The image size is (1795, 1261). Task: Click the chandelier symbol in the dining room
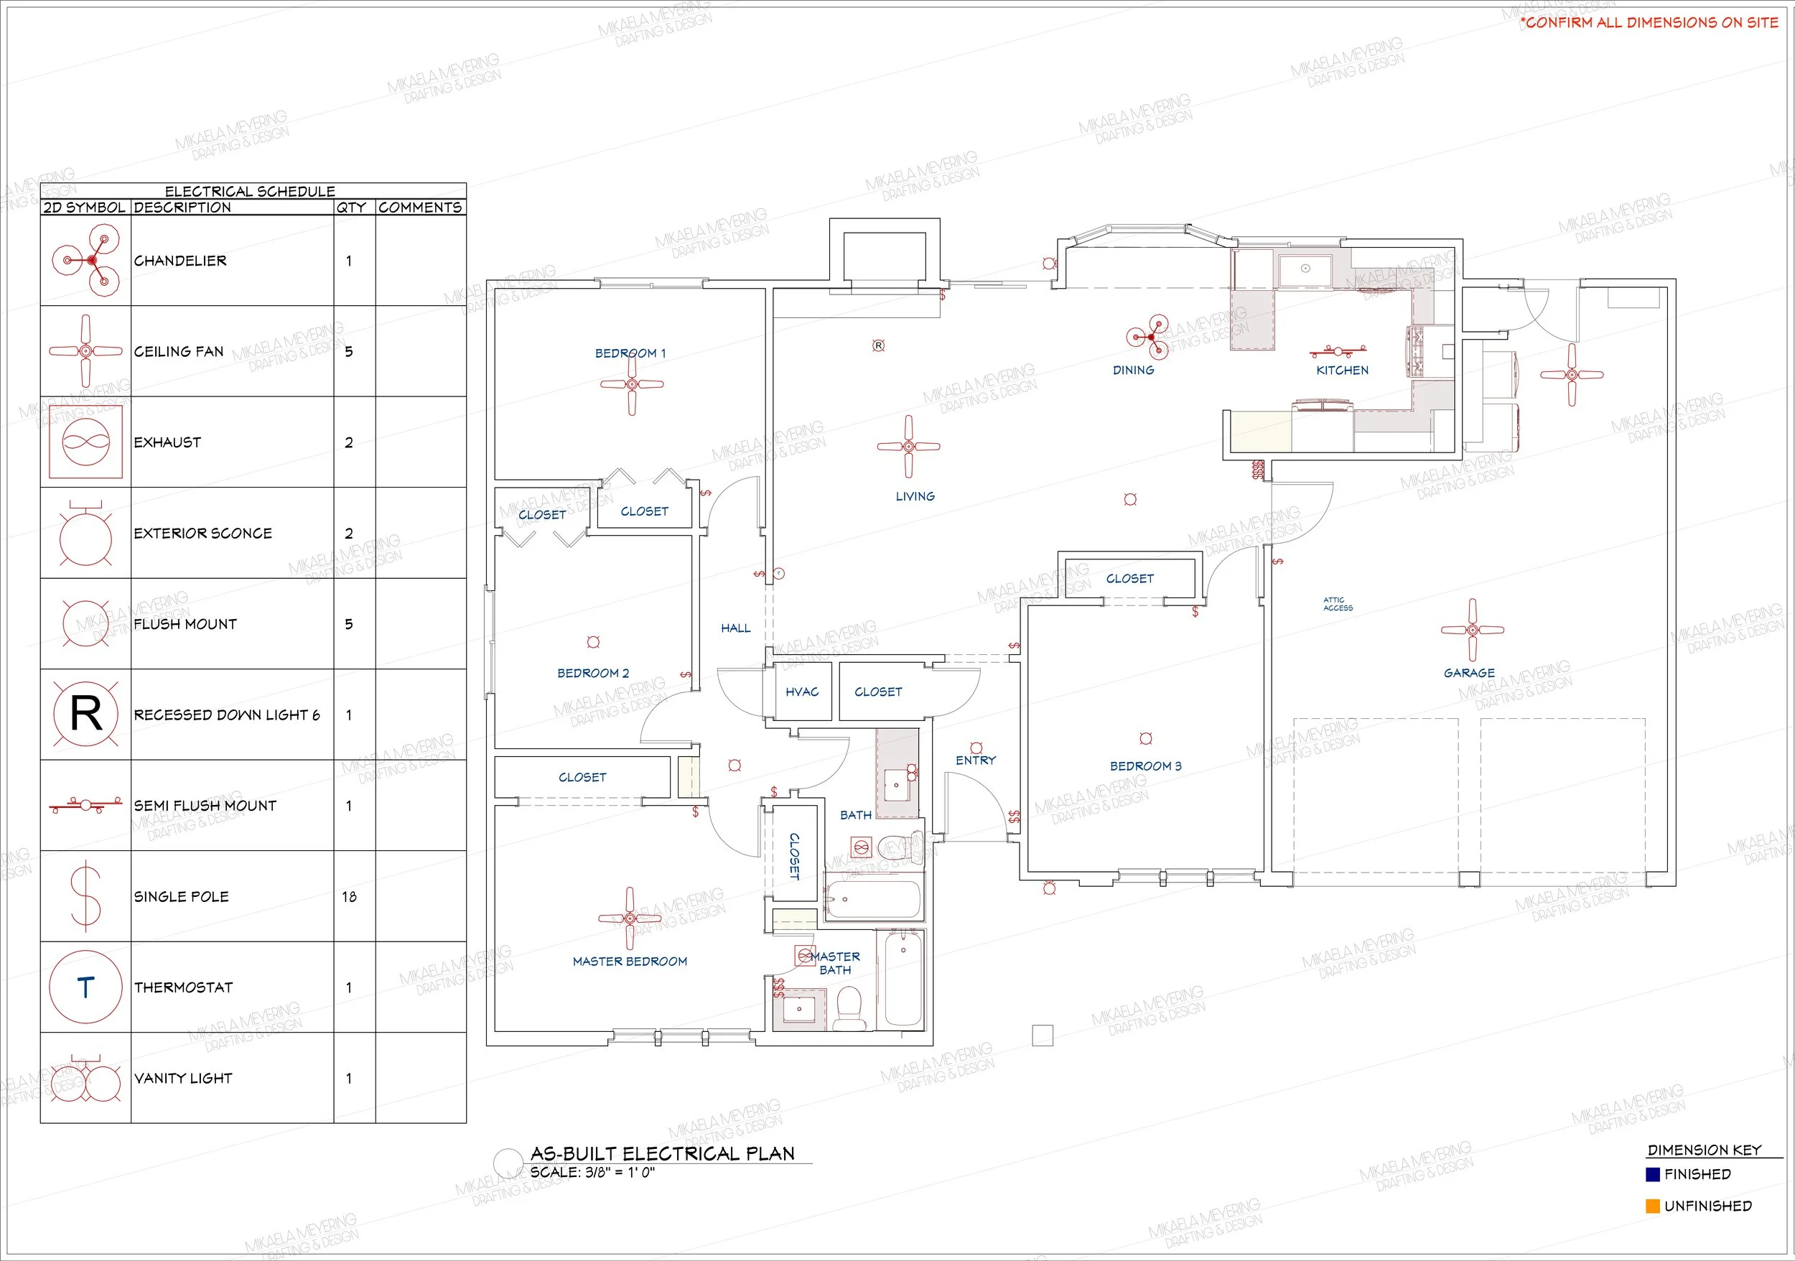tap(1151, 337)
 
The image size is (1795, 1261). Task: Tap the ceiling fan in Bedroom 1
tap(632, 384)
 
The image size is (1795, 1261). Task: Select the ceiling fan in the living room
tap(908, 447)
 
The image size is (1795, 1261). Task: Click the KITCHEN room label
tap(1343, 371)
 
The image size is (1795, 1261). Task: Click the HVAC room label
tap(802, 692)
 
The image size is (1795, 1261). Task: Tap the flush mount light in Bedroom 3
tap(1146, 739)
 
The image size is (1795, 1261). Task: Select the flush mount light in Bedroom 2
tap(593, 642)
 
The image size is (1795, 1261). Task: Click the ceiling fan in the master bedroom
tap(630, 918)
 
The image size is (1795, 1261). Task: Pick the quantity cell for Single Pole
tap(349, 897)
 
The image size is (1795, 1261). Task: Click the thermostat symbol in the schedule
tap(85, 987)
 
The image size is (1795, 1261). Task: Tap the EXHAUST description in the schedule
tap(167, 442)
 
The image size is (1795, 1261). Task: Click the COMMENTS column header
tap(421, 207)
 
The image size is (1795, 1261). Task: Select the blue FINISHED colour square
tap(1653, 1174)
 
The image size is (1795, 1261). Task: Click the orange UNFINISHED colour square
tap(1653, 1206)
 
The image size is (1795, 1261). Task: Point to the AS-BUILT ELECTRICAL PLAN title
tap(662, 1153)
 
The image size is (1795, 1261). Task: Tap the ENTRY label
tap(976, 760)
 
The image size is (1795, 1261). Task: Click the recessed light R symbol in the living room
tap(879, 345)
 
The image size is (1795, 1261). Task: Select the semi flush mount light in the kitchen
tap(1338, 351)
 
